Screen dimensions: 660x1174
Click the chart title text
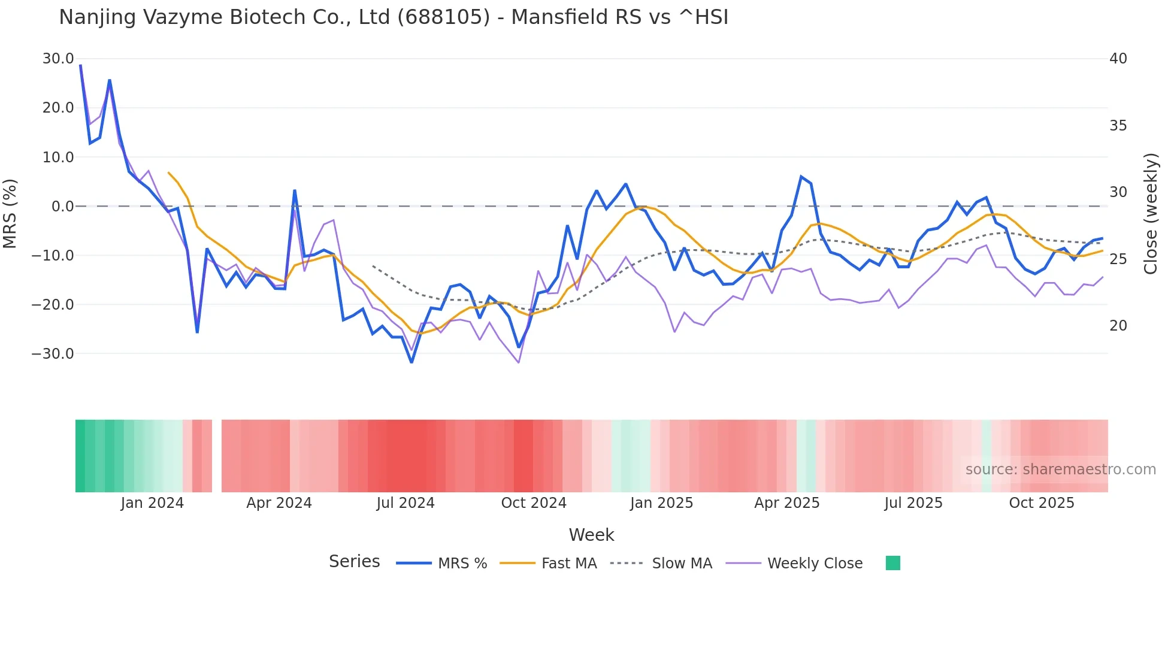coord(393,17)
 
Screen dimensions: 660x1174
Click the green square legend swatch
coord(892,563)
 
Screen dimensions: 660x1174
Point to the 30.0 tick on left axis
coord(58,59)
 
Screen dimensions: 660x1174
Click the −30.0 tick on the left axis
coord(53,353)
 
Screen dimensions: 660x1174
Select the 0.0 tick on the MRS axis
coord(62,207)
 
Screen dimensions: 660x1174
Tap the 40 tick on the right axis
coord(1118,59)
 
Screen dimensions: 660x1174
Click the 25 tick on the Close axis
coord(1118,259)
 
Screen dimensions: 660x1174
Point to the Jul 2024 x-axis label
coord(406,503)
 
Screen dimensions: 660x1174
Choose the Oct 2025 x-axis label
coord(1041,503)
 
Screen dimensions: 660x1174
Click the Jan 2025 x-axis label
coord(661,503)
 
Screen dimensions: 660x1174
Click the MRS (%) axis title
coord(10,213)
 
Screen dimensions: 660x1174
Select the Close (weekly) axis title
coord(1150,214)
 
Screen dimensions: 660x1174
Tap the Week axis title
coord(591,535)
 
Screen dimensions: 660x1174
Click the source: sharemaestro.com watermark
coord(1060,470)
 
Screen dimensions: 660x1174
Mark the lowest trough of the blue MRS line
coord(411,362)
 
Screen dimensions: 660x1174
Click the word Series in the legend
coord(354,562)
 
